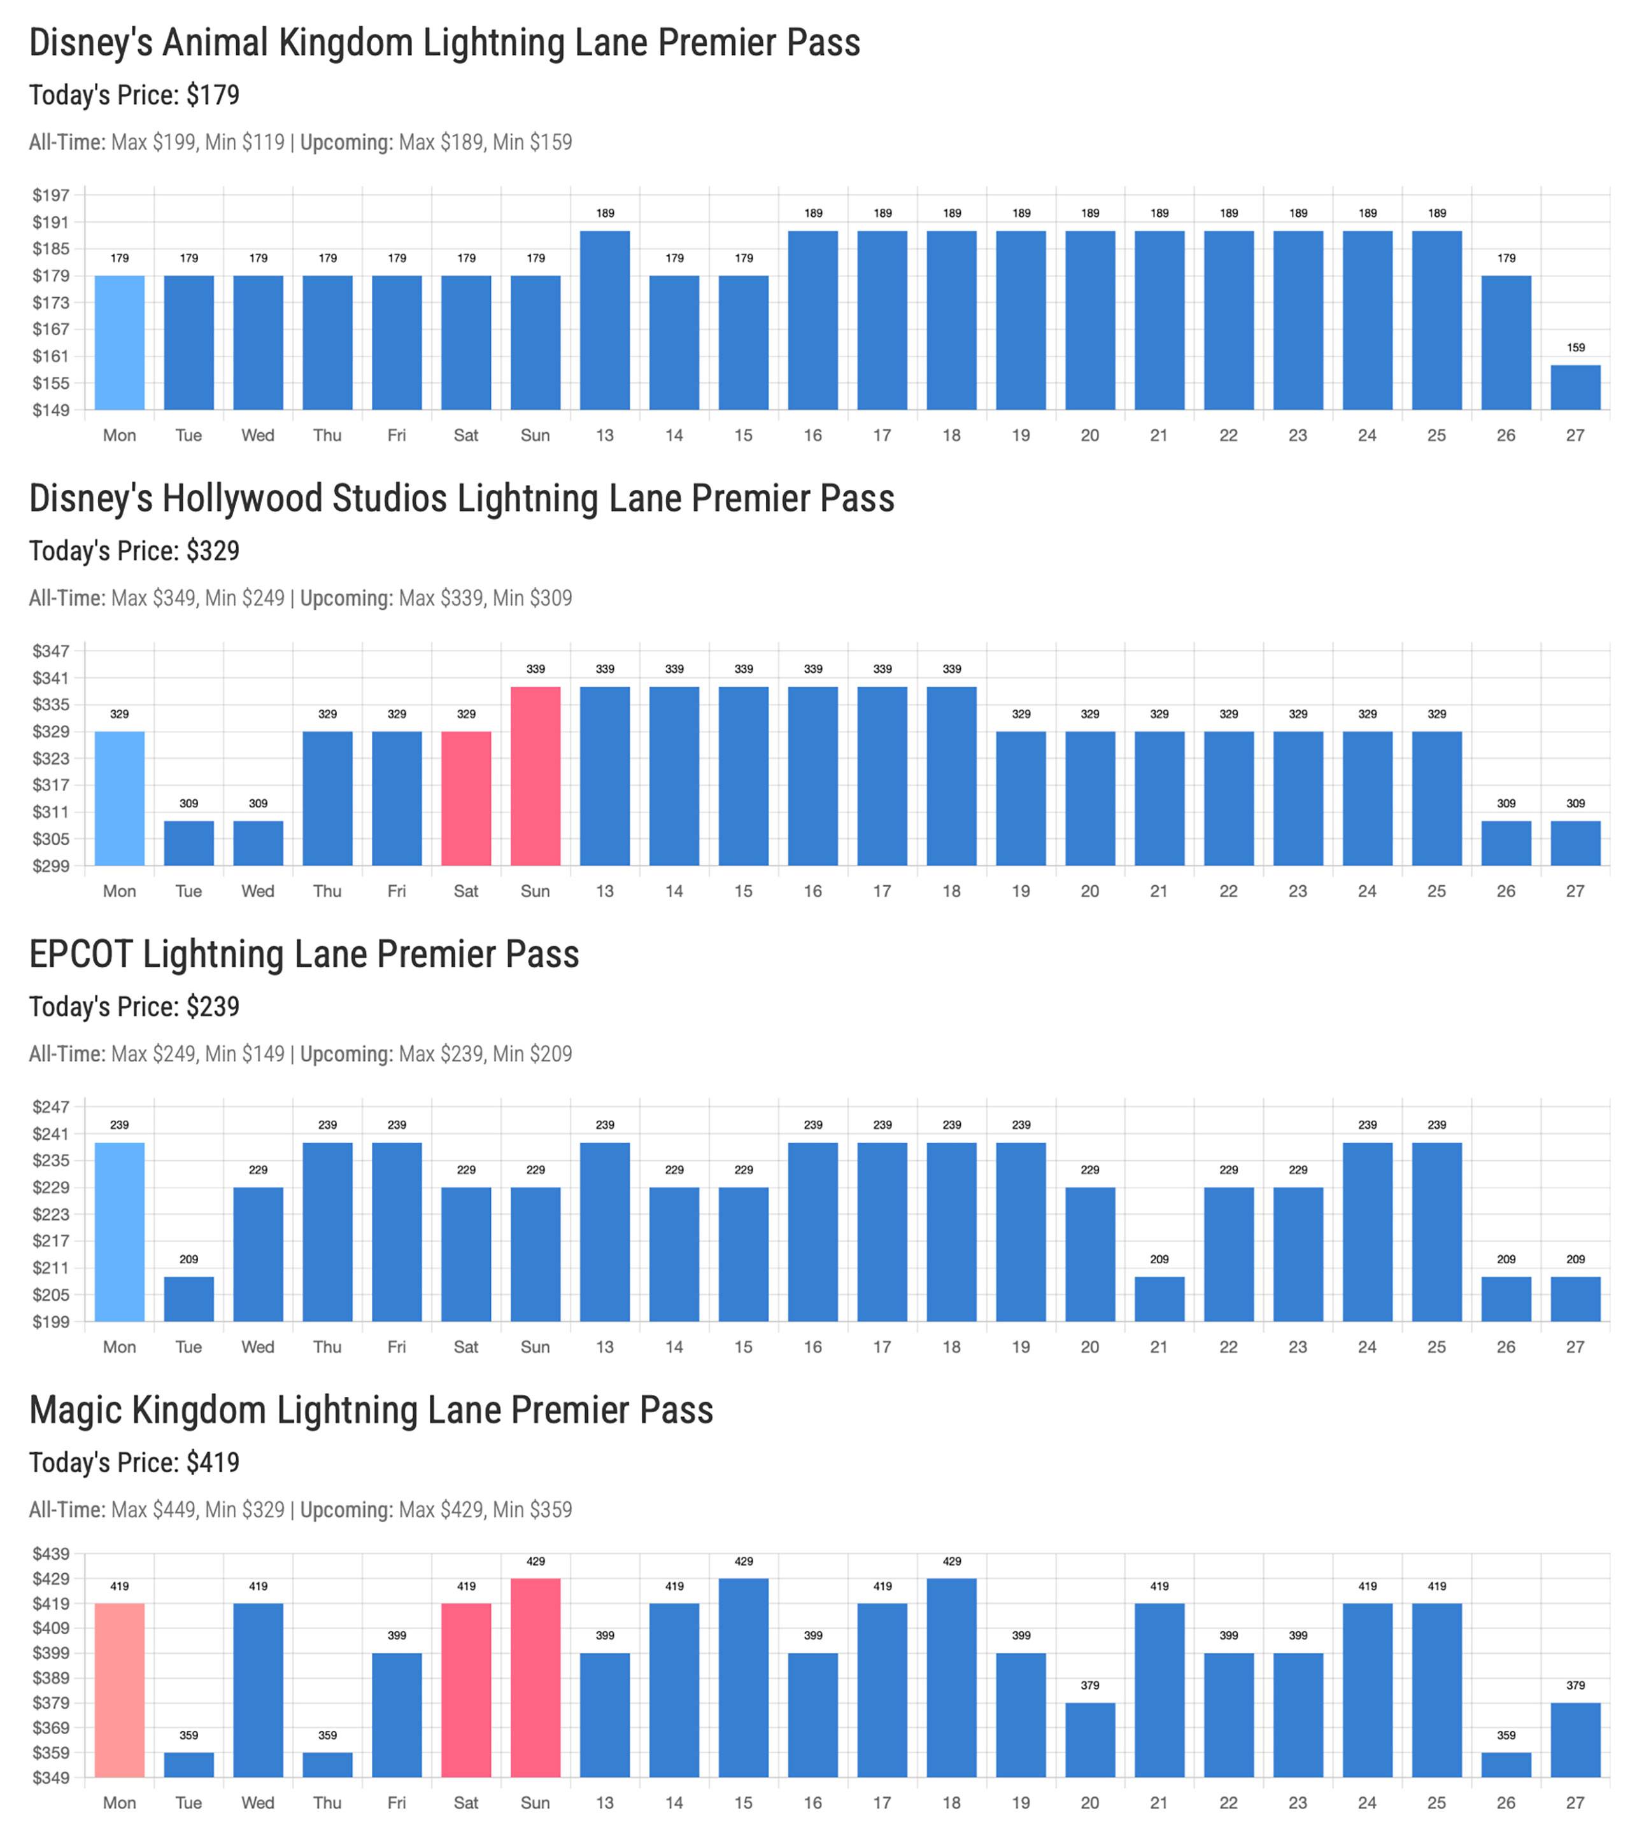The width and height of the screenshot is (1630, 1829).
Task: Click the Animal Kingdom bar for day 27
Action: point(1575,387)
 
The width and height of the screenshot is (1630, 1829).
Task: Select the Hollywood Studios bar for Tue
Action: point(189,843)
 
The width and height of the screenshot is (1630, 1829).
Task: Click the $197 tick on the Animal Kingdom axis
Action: point(51,195)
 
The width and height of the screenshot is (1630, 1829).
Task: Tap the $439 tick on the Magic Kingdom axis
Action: point(51,1553)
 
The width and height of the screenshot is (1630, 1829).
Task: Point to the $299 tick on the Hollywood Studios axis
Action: point(51,865)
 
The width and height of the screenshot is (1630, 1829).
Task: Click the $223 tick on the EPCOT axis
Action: point(51,1214)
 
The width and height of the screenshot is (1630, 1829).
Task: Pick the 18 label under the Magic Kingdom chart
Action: point(951,1802)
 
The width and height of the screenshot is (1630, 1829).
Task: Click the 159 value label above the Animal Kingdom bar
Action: point(1575,347)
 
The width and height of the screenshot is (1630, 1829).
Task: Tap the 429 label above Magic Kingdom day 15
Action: point(743,1561)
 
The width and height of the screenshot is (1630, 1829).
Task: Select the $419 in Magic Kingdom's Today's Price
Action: point(213,1463)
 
